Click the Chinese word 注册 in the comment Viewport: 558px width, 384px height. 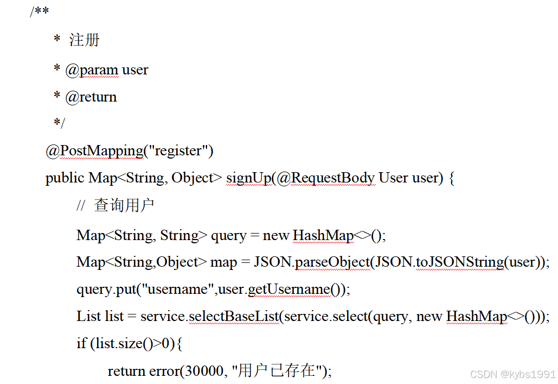[85, 40]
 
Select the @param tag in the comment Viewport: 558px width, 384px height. [92, 70]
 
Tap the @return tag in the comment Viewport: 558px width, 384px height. [91, 97]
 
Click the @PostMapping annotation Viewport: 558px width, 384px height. [94, 151]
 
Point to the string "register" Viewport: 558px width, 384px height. [181, 151]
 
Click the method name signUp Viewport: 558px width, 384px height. [248, 178]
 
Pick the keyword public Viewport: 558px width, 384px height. [65, 178]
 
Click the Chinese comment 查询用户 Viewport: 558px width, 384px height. [124, 206]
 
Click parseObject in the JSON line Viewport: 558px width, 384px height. [333, 262]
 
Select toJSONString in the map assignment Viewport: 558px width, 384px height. [460, 262]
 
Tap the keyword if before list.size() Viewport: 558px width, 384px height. [81, 344]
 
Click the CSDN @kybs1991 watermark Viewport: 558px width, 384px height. [512, 374]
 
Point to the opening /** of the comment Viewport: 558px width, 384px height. [39, 12]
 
